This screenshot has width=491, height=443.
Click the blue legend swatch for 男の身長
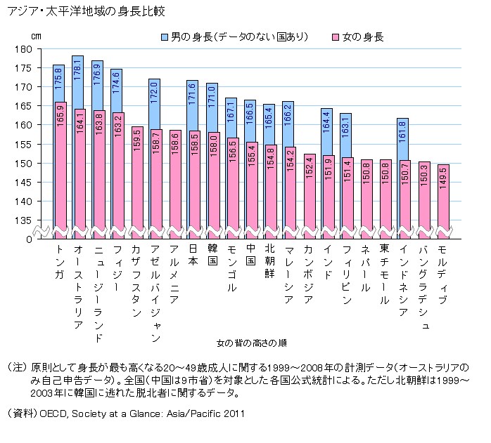[x=165, y=36]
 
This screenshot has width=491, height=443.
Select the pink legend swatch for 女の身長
[x=336, y=36]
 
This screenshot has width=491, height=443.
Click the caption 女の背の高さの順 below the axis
[x=251, y=343]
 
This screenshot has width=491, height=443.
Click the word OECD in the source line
[x=59, y=414]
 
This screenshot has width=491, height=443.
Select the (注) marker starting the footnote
[x=15, y=367]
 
